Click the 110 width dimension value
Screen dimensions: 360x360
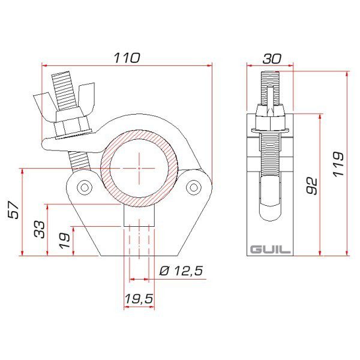tap(127, 58)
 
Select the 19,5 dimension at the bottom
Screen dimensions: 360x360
tap(139, 298)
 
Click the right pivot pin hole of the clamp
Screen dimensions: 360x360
tap(193, 188)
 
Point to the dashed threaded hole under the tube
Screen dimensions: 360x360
tap(139, 240)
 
